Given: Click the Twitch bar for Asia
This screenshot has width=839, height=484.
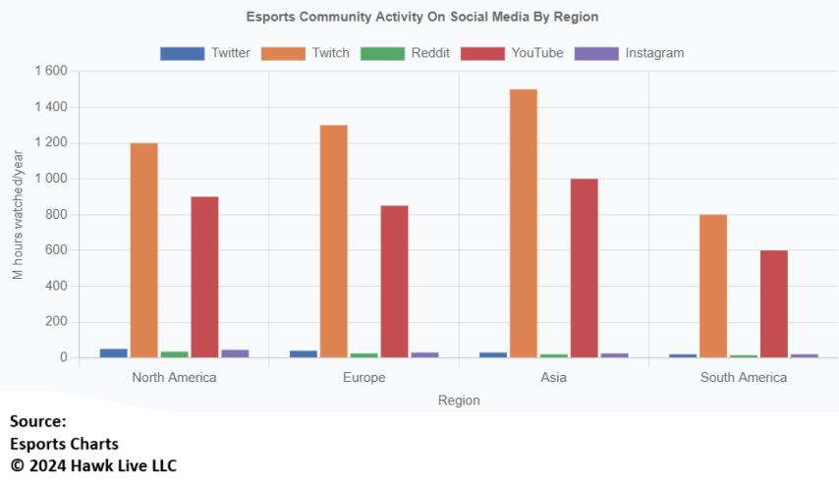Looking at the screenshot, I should pos(523,224).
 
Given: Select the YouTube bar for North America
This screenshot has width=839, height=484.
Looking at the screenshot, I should pos(204,277).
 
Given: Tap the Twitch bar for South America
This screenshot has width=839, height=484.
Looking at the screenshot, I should pos(712,286).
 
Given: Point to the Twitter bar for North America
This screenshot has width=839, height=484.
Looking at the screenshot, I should pos(114,352).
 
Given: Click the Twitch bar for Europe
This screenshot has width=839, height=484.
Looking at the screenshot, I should pos(333,242).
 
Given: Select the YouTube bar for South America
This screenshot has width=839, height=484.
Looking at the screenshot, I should pos(773,303).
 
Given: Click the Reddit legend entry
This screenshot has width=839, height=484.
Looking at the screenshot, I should pos(405,53).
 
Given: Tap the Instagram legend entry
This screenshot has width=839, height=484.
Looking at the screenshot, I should pos(629,53).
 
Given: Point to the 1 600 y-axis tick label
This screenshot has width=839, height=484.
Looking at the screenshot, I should pos(50,71).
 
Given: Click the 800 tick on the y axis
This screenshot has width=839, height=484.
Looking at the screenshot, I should pos(56,214).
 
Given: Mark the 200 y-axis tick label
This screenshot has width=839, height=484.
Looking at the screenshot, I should pos(56,322).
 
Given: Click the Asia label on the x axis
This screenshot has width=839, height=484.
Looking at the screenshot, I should pos(553,377).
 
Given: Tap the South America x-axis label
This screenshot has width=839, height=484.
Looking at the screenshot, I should pos(743,377).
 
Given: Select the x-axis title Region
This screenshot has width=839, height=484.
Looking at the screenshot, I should pos(459,400).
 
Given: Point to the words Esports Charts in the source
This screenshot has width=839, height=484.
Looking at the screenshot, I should pos(64,444).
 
